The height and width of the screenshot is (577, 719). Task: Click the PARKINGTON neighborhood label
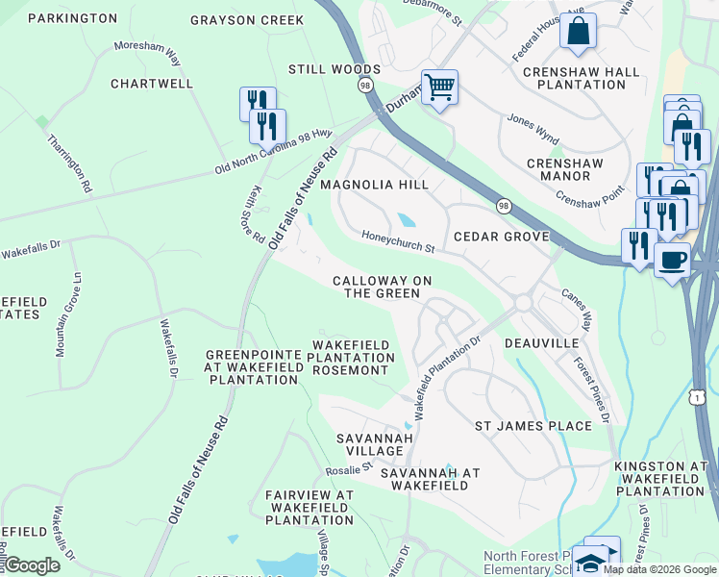click(72, 18)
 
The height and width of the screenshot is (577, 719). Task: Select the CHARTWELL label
click(152, 84)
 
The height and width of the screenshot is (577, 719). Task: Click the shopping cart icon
click(439, 88)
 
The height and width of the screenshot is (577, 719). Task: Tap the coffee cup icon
click(672, 259)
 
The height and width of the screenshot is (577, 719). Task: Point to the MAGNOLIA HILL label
click(374, 184)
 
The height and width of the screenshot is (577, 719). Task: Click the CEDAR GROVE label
click(501, 237)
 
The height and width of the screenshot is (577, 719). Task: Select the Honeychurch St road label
click(399, 240)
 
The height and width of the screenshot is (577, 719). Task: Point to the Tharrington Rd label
click(70, 162)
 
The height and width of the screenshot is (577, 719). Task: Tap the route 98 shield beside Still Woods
click(365, 86)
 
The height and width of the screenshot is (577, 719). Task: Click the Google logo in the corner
click(31, 565)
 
